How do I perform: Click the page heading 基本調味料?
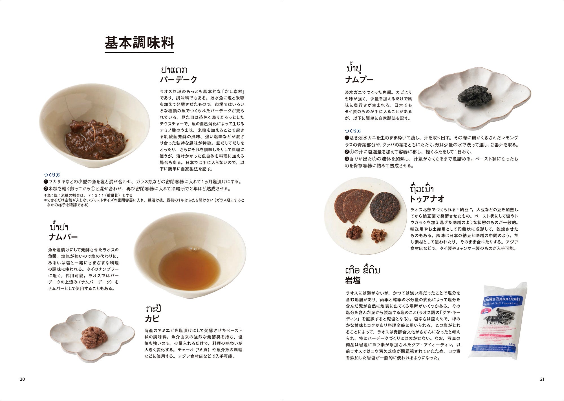point(139,43)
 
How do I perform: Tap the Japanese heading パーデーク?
point(179,80)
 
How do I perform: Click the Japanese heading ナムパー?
point(63,237)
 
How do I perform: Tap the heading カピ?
point(152,319)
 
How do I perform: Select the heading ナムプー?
point(359,80)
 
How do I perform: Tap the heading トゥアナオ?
point(427,199)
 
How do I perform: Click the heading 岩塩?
point(353,280)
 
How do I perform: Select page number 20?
point(22,379)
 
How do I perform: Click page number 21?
point(542,379)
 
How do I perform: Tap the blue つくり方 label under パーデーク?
point(52,175)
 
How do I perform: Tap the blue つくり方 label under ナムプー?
point(353,131)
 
